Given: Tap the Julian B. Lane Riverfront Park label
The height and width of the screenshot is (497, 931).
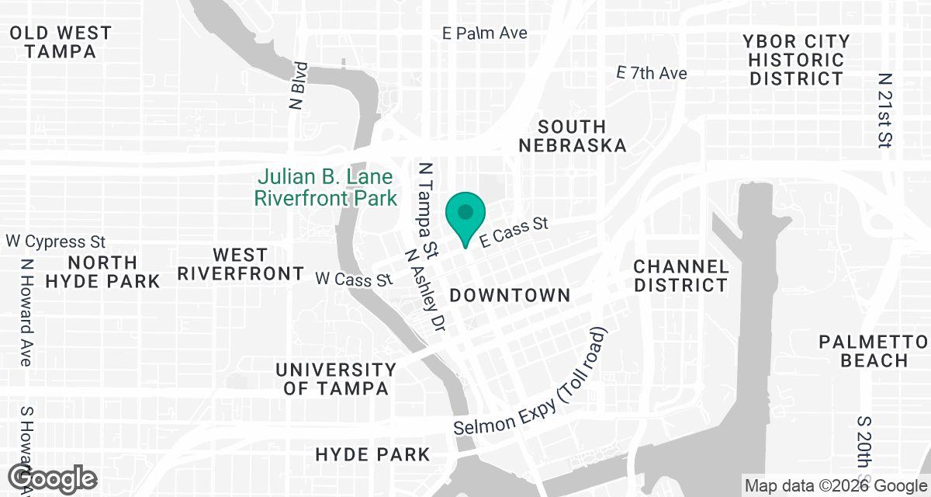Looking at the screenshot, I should point(325,188).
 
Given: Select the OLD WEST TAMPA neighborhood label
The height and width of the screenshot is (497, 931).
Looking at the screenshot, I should point(60,43).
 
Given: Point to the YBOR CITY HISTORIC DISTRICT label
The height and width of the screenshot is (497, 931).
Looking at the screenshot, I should point(796,60).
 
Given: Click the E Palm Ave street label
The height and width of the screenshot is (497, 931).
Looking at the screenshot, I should point(485,33).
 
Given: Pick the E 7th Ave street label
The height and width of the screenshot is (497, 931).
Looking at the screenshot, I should point(652,73).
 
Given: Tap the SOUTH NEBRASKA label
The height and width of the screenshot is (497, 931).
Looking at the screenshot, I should point(573,136).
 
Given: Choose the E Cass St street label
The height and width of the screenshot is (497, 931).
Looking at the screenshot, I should point(514,231).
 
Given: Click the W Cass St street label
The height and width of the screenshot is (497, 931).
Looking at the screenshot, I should point(354,278).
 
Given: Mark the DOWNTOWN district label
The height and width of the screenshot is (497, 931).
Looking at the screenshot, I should point(510,296).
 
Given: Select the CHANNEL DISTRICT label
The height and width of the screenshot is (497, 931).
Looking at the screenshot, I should point(681,276).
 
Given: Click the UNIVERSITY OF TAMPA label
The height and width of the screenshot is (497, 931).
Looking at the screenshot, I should point(336,379).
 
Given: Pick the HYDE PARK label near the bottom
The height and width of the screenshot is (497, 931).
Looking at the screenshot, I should point(372,454).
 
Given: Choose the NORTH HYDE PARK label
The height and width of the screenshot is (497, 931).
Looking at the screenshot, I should point(102,272).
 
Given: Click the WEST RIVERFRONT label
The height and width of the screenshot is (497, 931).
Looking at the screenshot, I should point(241,264).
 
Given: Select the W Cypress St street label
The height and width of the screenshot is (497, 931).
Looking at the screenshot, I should point(56,242).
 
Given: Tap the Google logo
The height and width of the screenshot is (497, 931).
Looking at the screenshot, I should point(54,478).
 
